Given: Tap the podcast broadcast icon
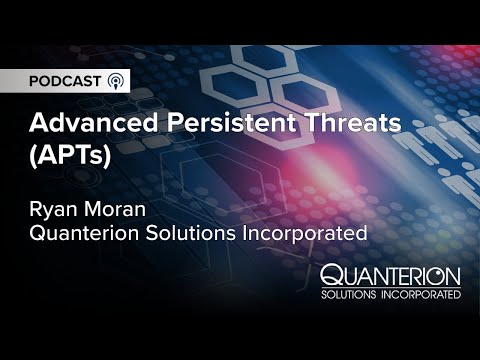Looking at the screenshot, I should tap(118, 81).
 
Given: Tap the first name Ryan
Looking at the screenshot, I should tap(53, 211).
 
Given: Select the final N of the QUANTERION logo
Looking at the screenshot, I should tap(453, 275).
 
